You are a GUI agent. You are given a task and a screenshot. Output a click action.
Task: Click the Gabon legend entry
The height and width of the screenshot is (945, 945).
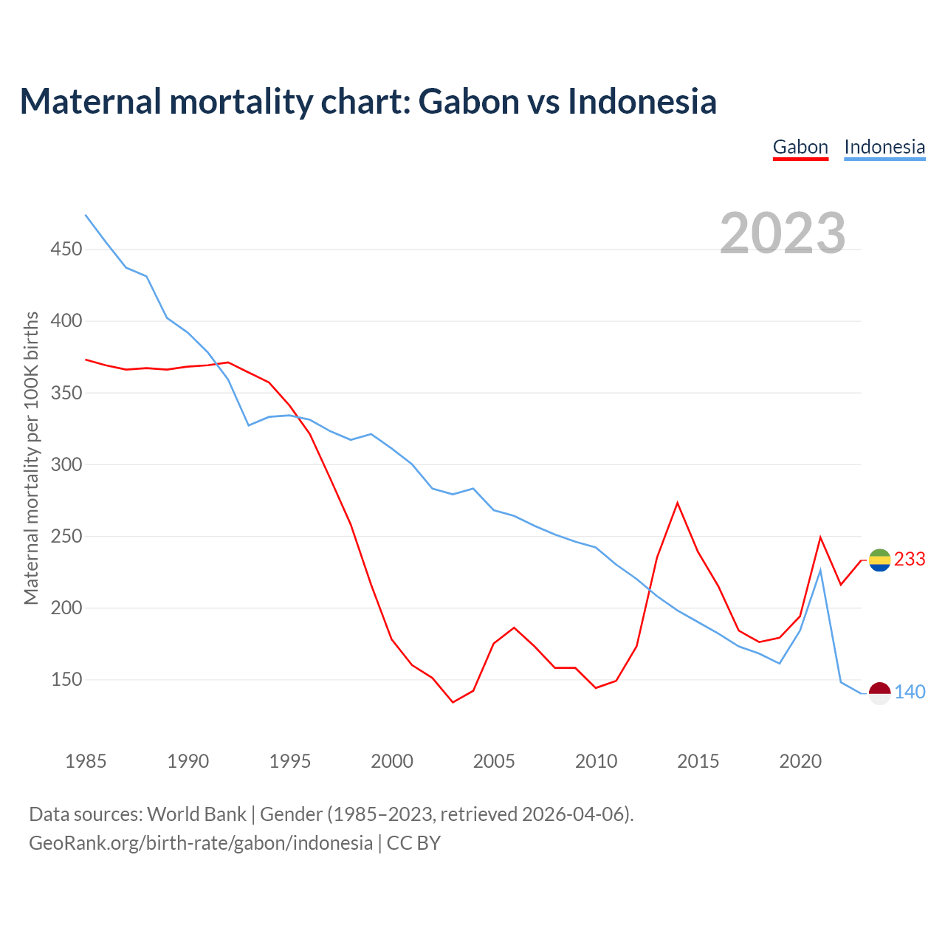click(800, 147)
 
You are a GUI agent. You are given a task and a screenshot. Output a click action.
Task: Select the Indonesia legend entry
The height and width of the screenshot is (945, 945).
click(884, 147)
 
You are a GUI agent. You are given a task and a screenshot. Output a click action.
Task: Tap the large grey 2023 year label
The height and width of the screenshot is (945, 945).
click(783, 233)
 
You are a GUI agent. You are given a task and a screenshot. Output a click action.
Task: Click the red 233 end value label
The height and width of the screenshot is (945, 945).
click(910, 560)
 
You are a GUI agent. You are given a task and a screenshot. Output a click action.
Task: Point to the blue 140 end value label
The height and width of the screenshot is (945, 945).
click(910, 693)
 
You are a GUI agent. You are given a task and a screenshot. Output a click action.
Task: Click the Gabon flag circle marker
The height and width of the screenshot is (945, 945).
click(879, 560)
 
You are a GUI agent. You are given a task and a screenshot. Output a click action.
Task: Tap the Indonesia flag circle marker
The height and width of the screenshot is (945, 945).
click(879, 693)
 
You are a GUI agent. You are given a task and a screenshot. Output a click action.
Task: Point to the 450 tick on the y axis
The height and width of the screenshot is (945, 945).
click(66, 250)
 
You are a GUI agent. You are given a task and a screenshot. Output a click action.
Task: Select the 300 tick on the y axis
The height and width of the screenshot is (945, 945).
click(66, 465)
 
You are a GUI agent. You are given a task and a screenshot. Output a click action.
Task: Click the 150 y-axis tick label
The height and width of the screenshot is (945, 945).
click(66, 680)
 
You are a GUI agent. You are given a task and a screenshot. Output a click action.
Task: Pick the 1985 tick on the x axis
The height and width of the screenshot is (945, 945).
click(86, 761)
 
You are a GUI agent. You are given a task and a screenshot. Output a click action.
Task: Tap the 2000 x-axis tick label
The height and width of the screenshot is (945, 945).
click(392, 761)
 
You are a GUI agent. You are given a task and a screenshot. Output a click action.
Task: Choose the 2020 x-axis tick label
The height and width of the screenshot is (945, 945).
click(800, 761)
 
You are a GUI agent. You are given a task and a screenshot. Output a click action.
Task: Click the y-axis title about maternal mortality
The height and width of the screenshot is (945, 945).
click(31, 458)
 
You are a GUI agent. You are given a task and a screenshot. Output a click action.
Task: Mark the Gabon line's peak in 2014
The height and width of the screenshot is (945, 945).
click(677, 503)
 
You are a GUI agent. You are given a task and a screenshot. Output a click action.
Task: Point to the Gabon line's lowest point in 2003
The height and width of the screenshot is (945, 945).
click(453, 702)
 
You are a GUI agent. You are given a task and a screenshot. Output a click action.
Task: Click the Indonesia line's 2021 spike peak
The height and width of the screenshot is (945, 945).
click(820, 569)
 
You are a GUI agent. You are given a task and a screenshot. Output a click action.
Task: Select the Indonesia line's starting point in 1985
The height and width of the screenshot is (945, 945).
click(86, 215)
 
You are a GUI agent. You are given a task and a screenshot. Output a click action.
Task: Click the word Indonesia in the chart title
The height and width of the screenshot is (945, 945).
click(642, 101)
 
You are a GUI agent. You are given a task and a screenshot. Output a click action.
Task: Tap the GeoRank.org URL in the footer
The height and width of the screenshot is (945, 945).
click(201, 843)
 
